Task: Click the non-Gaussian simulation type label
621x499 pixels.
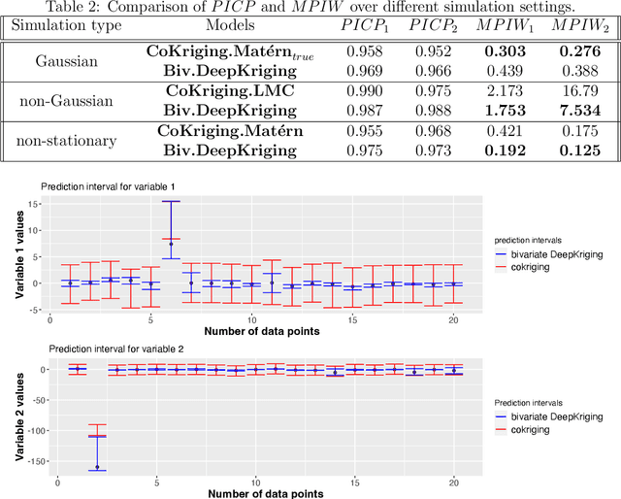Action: point(66,98)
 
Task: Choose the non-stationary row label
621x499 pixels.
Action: point(66,140)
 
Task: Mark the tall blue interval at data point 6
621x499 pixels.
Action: point(171,229)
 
